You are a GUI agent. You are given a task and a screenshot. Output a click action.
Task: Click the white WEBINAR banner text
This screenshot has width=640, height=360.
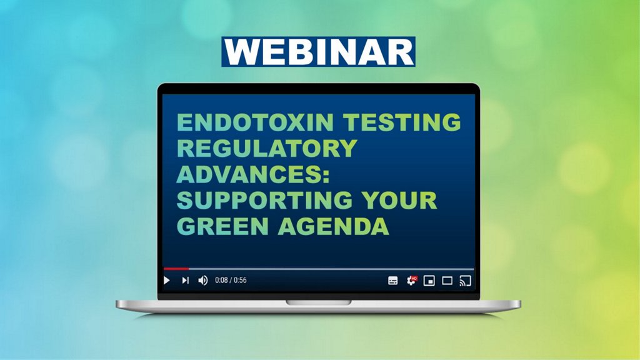(318, 52)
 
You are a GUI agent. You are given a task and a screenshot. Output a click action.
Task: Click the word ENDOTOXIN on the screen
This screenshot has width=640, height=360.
(256, 122)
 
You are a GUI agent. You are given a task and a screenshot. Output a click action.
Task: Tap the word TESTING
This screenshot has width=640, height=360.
(402, 122)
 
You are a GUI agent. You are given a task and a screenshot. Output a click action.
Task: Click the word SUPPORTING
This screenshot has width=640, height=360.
(264, 200)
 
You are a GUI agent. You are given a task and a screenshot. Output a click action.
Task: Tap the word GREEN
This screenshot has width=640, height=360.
(222, 226)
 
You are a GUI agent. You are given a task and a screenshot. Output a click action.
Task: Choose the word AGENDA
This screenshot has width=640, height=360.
(333, 226)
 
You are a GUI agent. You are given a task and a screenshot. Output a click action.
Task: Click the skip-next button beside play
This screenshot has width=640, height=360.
(185, 281)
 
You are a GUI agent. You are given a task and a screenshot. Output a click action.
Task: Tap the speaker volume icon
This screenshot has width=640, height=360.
(203, 281)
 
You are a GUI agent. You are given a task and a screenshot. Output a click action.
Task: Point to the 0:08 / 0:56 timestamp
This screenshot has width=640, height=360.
(231, 280)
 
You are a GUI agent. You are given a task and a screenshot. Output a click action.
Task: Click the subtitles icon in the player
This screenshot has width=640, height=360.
(392, 281)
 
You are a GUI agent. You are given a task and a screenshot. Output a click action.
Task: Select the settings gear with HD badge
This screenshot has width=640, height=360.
(411, 281)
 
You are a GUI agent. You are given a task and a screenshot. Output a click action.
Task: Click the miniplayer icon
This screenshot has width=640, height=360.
(429, 281)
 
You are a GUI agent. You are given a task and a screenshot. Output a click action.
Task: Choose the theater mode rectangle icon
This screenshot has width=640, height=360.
(447, 281)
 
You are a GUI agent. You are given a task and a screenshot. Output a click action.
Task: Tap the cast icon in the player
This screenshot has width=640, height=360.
(465, 281)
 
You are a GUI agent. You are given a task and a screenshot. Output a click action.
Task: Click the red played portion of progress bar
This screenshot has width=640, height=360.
(176, 269)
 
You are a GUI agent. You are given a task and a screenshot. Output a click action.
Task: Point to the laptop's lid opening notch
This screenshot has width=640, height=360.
(318, 302)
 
